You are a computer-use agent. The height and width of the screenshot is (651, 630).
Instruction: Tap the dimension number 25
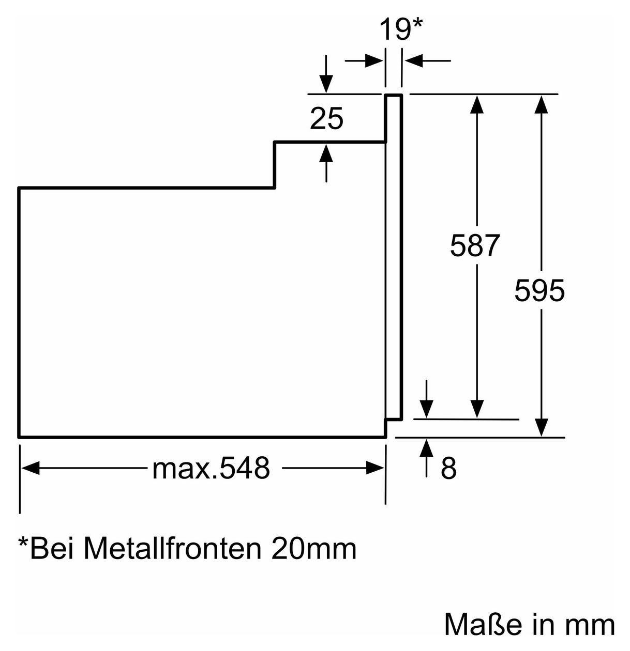coord(326,118)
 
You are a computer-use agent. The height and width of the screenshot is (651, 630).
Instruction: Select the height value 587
coord(475,245)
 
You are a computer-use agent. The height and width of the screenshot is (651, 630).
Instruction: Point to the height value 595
coord(539,290)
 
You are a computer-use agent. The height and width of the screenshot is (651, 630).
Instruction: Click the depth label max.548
coord(211,468)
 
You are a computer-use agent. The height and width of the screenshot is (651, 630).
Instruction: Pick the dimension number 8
coord(448,468)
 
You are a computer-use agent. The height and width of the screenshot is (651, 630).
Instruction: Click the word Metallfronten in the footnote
coord(172,548)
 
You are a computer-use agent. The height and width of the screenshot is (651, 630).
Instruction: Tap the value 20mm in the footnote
coord(313,549)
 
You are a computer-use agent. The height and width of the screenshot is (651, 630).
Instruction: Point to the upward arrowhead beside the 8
coord(426,448)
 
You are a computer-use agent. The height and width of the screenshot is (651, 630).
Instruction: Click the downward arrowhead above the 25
coord(326,84)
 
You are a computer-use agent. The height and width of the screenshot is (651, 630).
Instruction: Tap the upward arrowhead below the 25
coord(326,153)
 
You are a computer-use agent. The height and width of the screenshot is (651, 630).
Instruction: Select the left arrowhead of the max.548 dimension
coord(31,468)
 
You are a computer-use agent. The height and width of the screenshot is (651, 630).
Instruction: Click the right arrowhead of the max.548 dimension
coord(375,468)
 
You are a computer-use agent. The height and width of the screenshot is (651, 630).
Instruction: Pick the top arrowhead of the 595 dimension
coord(541,104)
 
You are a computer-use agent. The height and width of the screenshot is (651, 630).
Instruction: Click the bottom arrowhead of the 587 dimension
coord(476,409)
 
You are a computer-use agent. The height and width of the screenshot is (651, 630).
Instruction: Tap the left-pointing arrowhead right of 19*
coord(413,61)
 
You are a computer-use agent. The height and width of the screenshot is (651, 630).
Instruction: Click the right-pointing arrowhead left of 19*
coord(374,61)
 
